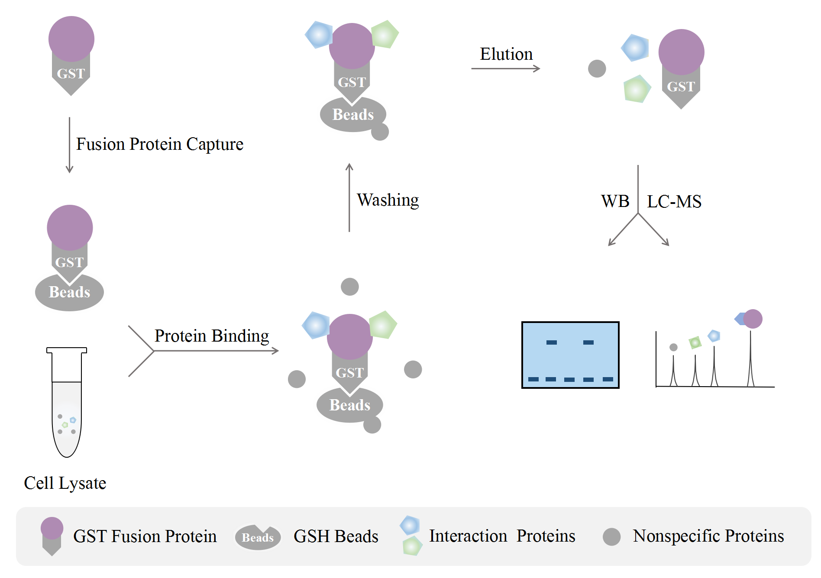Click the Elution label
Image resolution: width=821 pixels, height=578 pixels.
coord(506,54)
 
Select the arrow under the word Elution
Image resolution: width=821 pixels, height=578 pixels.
coord(506,68)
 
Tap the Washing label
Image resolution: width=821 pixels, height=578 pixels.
coord(388,200)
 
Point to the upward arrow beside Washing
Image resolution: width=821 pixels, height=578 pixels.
coord(349,197)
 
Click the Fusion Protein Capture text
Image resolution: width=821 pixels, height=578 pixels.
coord(160,145)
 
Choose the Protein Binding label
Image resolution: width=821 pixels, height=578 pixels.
coord(212,336)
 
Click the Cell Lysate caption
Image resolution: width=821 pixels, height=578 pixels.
coord(65,483)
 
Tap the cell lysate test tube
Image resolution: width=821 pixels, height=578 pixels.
coord(67,402)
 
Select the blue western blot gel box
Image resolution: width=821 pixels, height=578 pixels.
coord(570,355)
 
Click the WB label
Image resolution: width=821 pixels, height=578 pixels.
coord(615,201)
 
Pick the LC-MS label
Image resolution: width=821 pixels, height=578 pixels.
coord(674,201)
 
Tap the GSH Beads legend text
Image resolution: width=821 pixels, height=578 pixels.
coord(336,536)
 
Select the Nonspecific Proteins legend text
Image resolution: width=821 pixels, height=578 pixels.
coord(708,536)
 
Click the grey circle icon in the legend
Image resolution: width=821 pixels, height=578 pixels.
coord(612,537)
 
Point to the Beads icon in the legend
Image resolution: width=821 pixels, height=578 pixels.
coord(258,537)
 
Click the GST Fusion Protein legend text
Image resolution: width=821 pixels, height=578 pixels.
coord(145,536)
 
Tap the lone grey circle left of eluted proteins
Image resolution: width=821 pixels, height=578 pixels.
coord(597,68)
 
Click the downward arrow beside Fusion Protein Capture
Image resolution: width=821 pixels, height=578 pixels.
coord(69,145)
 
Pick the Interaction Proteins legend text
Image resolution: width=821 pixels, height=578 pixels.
coord(502,536)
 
